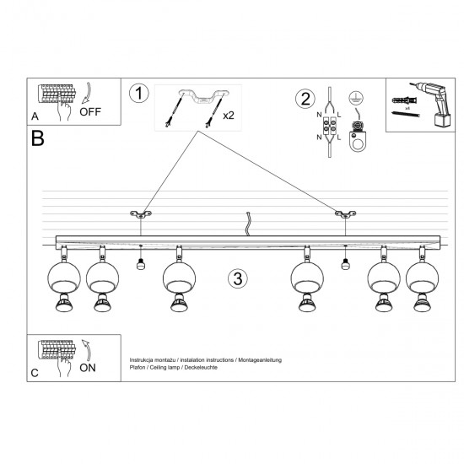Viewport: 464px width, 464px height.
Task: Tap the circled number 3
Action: click(238, 278)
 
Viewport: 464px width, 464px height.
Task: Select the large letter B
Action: click(37, 138)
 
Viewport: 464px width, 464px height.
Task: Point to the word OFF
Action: click(91, 111)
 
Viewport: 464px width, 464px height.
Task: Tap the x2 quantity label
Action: click(229, 116)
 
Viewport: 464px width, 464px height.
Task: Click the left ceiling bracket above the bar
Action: click(138, 215)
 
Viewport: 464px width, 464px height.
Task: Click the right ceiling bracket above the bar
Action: click(343, 215)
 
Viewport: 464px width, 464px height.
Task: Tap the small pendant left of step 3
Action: click(141, 264)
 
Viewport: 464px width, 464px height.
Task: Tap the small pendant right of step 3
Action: click(344, 264)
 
